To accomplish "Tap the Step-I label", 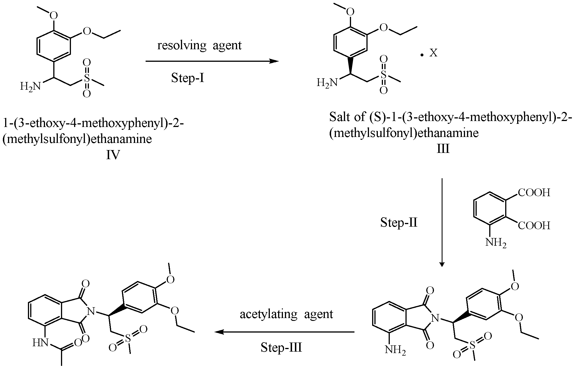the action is [x=188, y=77].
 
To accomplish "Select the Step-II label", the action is [x=399, y=222].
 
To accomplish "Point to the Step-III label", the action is [x=281, y=348].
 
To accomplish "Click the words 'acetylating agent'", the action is [x=286, y=314].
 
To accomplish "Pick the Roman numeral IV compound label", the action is [x=113, y=155].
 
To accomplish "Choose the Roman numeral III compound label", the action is [x=443, y=149].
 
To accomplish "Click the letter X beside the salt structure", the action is [x=433, y=53].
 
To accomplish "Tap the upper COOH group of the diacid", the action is [x=534, y=193].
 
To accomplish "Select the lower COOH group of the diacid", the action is [x=534, y=226].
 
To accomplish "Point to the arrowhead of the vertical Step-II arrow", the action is [x=442, y=264].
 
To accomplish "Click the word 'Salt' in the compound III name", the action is [x=340, y=117].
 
